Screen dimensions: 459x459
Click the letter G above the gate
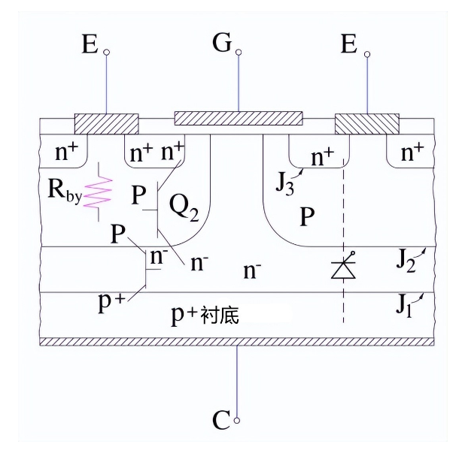(x=222, y=43)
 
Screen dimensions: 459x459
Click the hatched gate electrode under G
(x=239, y=118)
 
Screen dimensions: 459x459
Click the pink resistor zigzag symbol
(x=99, y=192)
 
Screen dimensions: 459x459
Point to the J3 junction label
(x=284, y=181)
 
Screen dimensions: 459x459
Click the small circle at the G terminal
(x=239, y=53)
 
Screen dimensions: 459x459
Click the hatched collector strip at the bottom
(x=237, y=341)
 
